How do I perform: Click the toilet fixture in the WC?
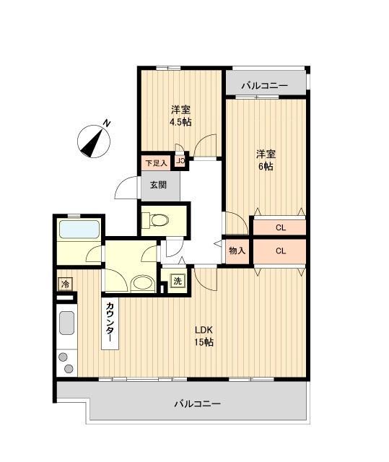coord(158,219)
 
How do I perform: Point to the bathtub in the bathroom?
coord(79,230)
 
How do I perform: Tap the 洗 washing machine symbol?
coord(178,281)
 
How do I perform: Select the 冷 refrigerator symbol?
coord(65,283)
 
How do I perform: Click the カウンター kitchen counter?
coord(110,323)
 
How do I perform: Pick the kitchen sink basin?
coord(67,323)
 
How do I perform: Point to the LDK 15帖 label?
coord(204,336)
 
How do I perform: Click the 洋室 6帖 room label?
coord(266,160)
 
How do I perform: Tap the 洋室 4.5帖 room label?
coord(180,115)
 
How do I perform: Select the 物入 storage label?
coord(237,251)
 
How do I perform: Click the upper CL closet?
coord(279,227)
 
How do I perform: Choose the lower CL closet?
coord(279,251)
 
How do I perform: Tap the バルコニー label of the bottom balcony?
coord(197,403)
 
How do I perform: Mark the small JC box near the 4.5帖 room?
coord(180,162)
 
